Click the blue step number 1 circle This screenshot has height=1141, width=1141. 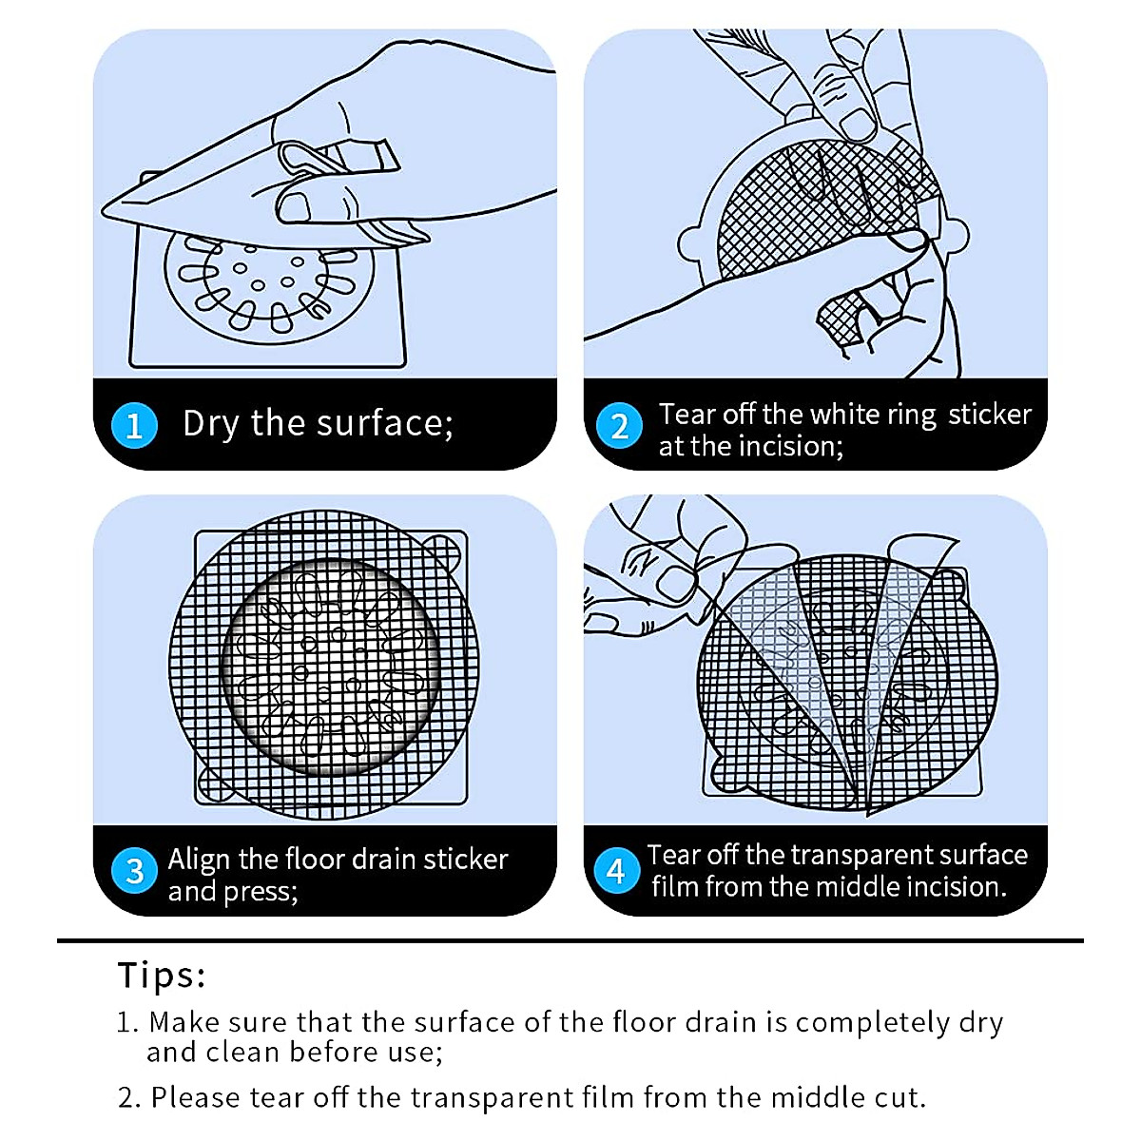(134, 425)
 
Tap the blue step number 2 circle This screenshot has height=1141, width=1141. (619, 425)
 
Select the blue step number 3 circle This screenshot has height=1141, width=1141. (134, 871)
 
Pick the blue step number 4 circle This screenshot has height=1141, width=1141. (616, 870)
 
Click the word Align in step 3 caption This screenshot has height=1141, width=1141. (199, 860)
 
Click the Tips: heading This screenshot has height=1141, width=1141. (162, 976)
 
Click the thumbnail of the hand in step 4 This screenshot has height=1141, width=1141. (677, 583)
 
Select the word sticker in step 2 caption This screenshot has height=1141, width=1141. (989, 415)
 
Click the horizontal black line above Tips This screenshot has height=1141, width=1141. (570, 940)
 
